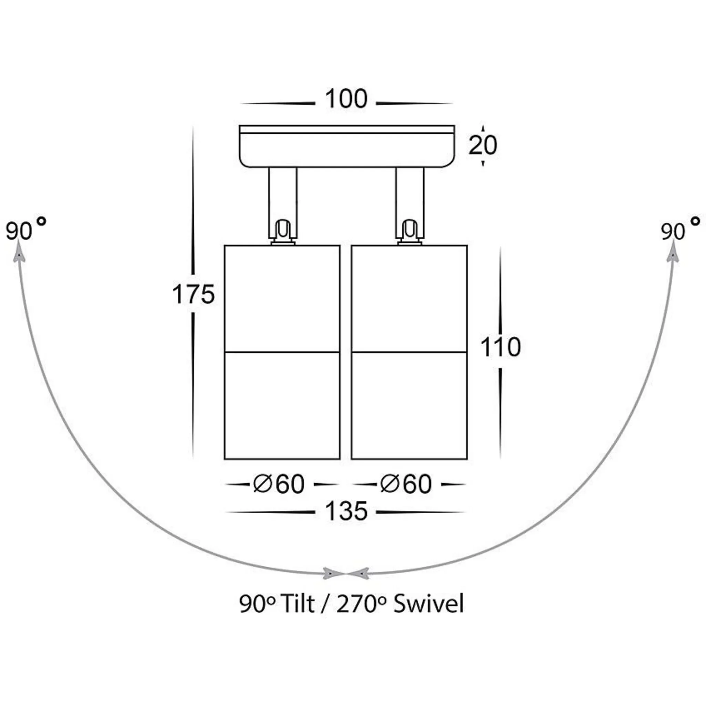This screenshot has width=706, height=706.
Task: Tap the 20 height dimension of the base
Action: [483, 145]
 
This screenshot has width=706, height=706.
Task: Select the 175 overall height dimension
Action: [193, 294]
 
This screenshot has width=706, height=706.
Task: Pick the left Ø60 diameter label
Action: [279, 484]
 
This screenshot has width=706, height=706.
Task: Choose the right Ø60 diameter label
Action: [406, 484]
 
